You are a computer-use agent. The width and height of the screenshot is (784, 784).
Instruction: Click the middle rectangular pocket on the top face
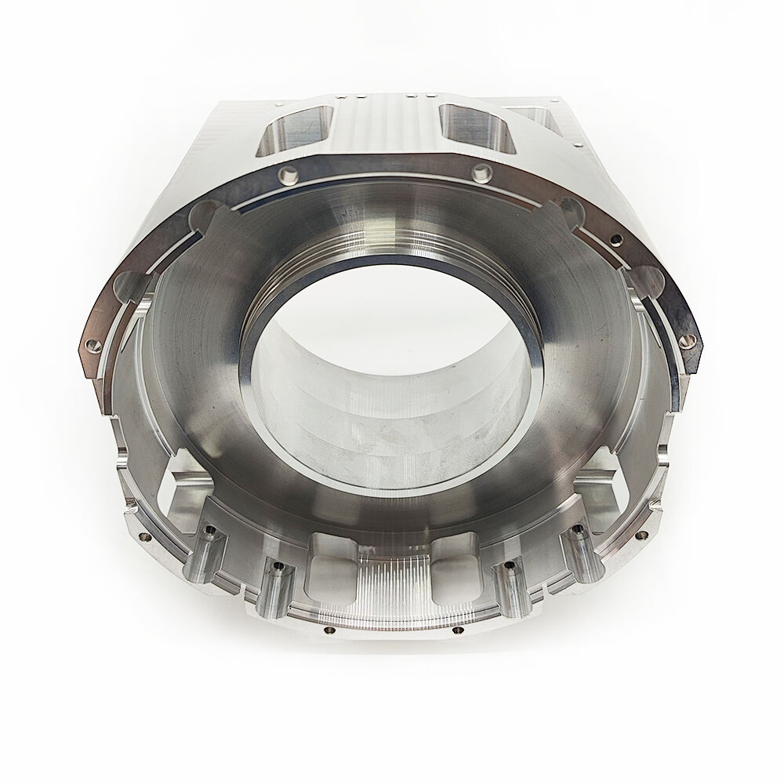[470, 125]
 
